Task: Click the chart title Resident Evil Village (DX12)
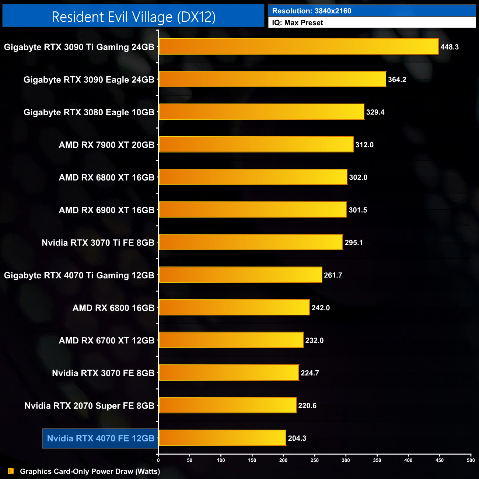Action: pyautogui.click(x=133, y=17)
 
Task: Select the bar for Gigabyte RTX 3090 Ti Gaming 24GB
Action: pyautogui.click(x=298, y=47)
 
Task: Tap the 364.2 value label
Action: pyautogui.click(x=397, y=80)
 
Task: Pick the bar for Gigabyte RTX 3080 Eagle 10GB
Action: pyautogui.click(x=261, y=112)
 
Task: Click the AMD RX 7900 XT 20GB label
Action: pyautogui.click(x=106, y=145)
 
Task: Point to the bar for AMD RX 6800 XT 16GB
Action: pyautogui.click(x=253, y=177)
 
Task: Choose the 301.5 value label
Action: pyautogui.click(x=358, y=210)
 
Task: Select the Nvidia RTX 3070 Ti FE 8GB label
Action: pyautogui.click(x=98, y=243)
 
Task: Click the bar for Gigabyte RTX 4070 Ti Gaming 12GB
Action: pyautogui.click(x=240, y=275)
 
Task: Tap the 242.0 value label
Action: pyautogui.click(x=321, y=308)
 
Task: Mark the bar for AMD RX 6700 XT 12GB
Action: pyautogui.click(x=231, y=340)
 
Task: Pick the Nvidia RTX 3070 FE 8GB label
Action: pyautogui.click(x=103, y=373)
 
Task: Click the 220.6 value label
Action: pyautogui.click(x=307, y=406)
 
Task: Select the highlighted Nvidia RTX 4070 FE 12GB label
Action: pyautogui.click(x=101, y=438)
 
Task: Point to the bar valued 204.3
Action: pyautogui.click(x=222, y=438)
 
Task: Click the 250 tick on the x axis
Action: pyautogui.click(x=315, y=460)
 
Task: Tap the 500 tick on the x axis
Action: pyautogui.click(x=471, y=460)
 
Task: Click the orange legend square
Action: pyautogui.click(x=11, y=471)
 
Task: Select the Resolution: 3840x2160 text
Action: pyautogui.click(x=312, y=11)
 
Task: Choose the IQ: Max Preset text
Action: pyautogui.click(x=297, y=23)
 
